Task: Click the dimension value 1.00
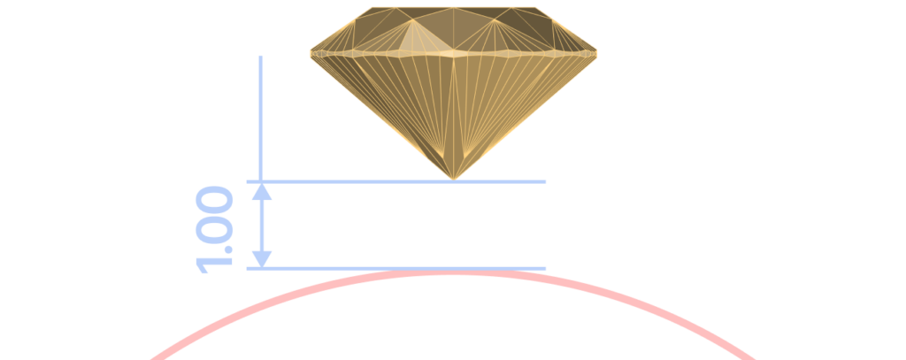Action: click(x=214, y=229)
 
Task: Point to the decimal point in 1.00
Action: click(x=228, y=249)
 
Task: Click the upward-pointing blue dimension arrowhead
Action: click(x=262, y=193)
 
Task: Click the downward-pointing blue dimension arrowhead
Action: click(x=262, y=259)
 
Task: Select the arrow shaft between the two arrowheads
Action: click(x=262, y=226)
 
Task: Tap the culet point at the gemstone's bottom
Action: click(x=454, y=180)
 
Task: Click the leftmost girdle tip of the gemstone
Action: click(x=311, y=54)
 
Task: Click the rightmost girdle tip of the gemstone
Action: click(x=595, y=54)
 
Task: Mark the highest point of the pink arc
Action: click(x=454, y=272)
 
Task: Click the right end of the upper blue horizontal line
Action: click(x=545, y=181)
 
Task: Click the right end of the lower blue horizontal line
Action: click(x=545, y=269)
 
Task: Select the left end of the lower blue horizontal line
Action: click(x=248, y=269)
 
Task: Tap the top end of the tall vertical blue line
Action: click(x=261, y=57)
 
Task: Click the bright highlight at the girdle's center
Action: click(x=454, y=54)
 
